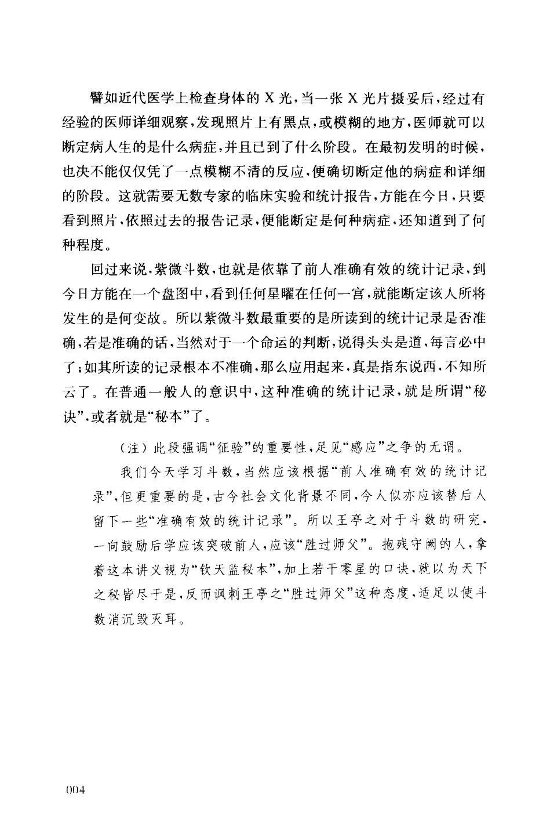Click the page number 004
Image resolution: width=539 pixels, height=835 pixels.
click(76, 790)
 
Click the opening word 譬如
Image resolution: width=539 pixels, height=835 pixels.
click(100, 99)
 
